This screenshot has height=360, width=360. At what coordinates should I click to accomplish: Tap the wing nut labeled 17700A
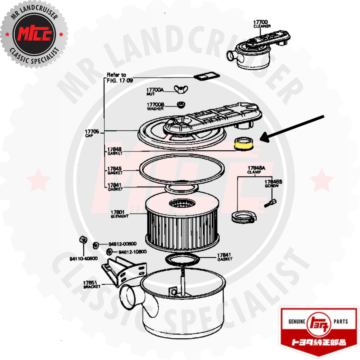pyautogui.click(x=181, y=89)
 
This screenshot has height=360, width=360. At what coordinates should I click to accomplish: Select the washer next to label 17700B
pyautogui.click(x=181, y=105)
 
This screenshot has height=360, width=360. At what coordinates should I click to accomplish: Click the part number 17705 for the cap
pyautogui.click(x=92, y=132)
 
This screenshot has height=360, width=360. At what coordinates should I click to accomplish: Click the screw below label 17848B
pyautogui.click(x=270, y=203)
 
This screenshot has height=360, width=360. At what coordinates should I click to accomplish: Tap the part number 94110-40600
pyautogui.click(x=83, y=259)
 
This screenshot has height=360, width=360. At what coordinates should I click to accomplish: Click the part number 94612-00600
pyautogui.click(x=122, y=244)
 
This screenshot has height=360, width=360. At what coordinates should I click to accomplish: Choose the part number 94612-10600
pyautogui.click(x=132, y=252)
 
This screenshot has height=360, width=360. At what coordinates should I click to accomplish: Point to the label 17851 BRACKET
pyautogui.click(x=92, y=285)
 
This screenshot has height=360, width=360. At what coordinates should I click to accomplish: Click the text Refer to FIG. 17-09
pyautogui.click(x=120, y=78)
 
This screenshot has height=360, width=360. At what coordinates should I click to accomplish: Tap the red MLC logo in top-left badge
pyautogui.click(x=34, y=34)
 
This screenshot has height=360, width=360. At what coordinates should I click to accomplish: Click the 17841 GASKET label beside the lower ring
pyautogui.click(x=224, y=257)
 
